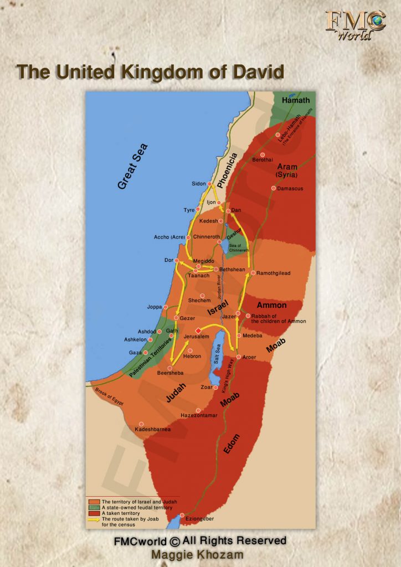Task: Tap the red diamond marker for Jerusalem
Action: (198, 330)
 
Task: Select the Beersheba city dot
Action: (162, 368)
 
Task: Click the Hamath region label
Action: (296, 100)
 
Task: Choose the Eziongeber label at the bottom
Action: (199, 519)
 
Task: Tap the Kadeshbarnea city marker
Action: (141, 424)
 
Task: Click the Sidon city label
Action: (199, 183)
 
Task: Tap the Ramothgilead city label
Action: (274, 273)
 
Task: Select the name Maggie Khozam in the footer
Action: (200, 554)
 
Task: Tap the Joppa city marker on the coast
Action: (166, 307)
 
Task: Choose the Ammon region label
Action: (271, 305)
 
